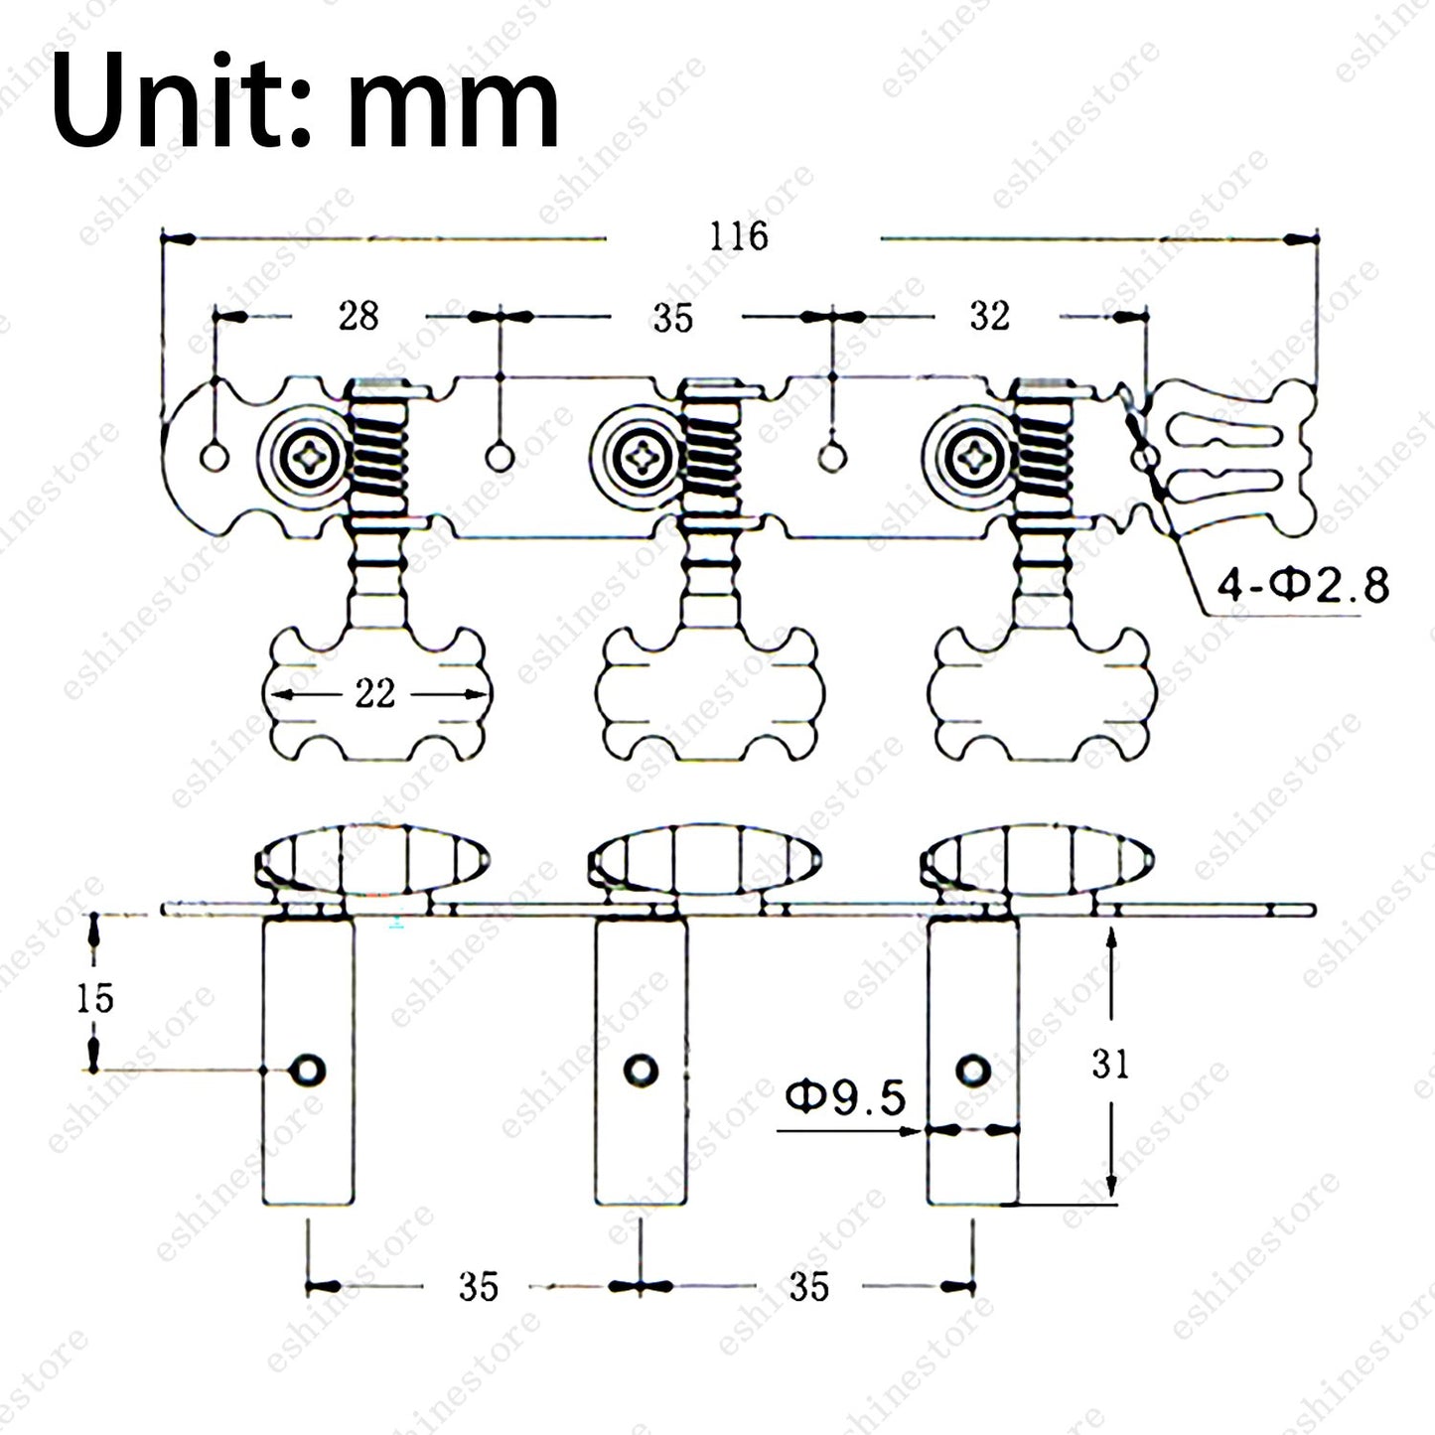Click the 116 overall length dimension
tap(738, 236)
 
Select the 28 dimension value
tap(359, 316)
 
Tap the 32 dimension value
tap(990, 316)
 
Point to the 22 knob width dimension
tap(374, 694)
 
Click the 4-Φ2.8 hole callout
tap(1303, 585)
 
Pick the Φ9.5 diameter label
tap(845, 1097)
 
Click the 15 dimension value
tap(95, 999)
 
